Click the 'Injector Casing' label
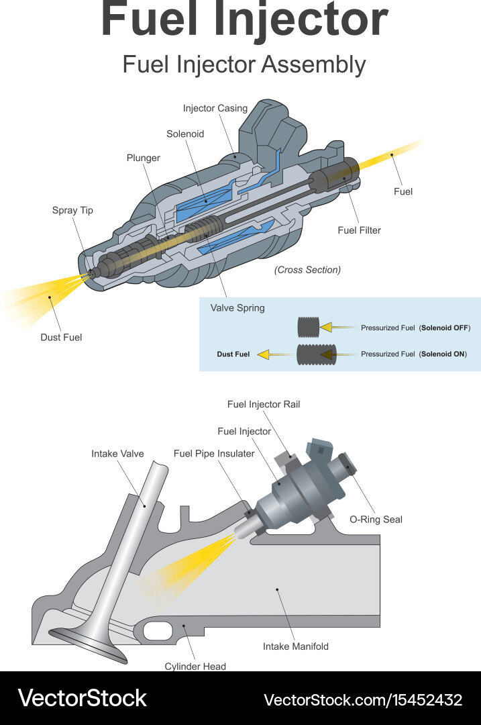(215, 108)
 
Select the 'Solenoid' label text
(185, 134)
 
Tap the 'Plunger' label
(144, 158)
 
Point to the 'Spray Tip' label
(72, 211)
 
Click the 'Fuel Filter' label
(360, 230)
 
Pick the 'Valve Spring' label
(237, 308)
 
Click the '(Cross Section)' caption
(307, 270)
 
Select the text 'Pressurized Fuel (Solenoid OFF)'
(415, 328)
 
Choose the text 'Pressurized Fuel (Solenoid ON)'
(413, 354)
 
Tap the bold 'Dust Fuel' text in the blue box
(233, 354)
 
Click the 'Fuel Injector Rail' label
(264, 405)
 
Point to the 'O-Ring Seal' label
(376, 520)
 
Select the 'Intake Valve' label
(117, 454)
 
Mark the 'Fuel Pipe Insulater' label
(214, 454)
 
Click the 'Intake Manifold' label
(295, 646)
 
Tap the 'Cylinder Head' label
(195, 666)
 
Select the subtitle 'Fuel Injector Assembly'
(244, 65)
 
